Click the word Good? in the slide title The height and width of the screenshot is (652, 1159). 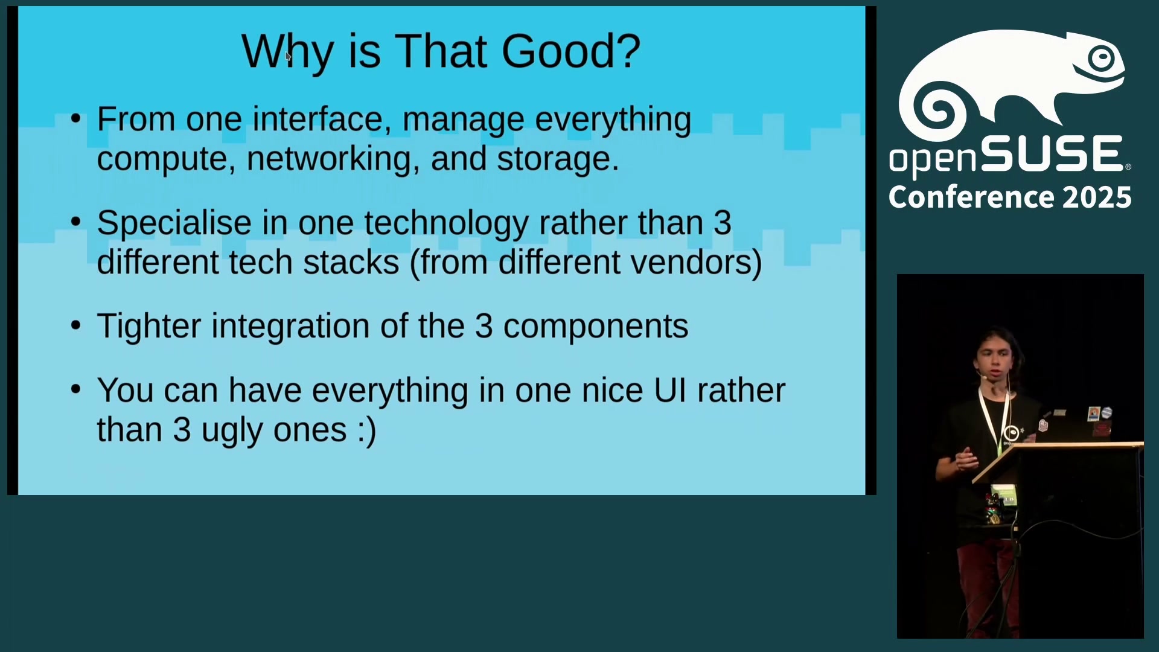click(x=570, y=51)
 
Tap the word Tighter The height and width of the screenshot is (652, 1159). click(x=148, y=327)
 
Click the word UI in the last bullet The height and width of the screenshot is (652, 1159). click(x=670, y=391)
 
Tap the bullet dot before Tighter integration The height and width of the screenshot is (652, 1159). click(x=75, y=325)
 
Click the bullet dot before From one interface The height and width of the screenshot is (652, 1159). click(x=75, y=118)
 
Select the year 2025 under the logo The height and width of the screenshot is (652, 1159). click(x=1097, y=197)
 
